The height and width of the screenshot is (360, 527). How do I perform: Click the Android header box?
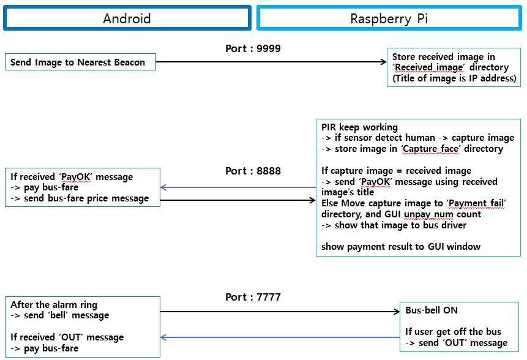tap(127, 18)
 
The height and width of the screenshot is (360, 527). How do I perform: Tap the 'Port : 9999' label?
tap(253, 48)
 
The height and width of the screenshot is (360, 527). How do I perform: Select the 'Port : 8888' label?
tap(253, 171)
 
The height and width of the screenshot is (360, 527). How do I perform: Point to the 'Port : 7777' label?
tap(253, 298)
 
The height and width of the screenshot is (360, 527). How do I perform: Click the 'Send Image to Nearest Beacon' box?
tap(80, 62)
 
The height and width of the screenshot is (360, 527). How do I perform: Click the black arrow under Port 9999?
tap(269, 62)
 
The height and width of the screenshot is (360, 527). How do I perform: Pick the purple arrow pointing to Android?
tap(239, 187)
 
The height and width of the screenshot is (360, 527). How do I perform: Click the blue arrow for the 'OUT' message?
tap(278, 337)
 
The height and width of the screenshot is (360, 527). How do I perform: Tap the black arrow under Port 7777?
tap(278, 312)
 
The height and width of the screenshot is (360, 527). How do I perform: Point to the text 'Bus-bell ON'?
tap(432, 310)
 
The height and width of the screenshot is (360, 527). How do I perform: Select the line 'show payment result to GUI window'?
tap(401, 247)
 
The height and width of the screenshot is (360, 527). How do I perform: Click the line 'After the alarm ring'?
tap(54, 304)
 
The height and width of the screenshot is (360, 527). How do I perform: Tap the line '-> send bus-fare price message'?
tap(80, 198)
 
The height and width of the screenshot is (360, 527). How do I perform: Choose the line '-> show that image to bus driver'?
tap(394, 225)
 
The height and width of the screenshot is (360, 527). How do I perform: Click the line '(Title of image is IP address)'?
tap(454, 78)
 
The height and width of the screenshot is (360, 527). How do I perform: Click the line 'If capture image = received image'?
tap(396, 171)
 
